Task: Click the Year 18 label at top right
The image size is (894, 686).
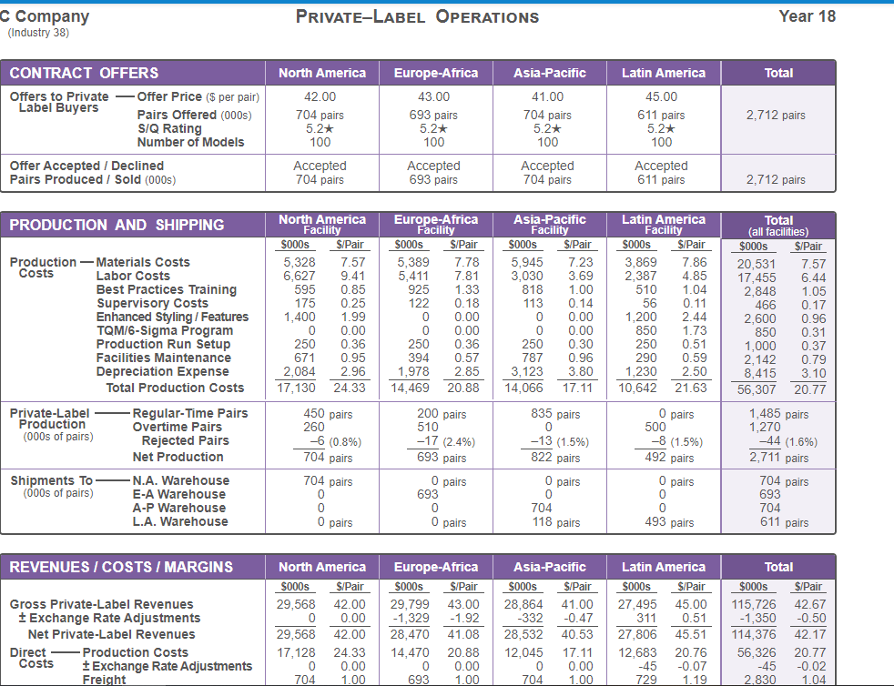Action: coord(807,16)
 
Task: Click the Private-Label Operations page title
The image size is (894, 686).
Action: coord(417,17)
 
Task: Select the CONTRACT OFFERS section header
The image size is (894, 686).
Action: coord(85,73)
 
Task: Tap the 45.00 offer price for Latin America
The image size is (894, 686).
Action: coord(661,96)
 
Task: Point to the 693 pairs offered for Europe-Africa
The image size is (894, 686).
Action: coord(433,116)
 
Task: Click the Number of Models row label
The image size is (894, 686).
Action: coord(190,142)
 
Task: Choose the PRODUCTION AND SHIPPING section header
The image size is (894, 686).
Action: coord(117,225)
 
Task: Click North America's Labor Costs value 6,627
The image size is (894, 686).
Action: coord(300,276)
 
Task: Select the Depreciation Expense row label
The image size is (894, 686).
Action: coord(162,371)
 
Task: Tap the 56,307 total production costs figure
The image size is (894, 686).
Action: coord(756,389)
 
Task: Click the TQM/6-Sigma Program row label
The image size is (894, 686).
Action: coord(165,330)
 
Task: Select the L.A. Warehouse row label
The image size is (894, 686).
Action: coord(180,521)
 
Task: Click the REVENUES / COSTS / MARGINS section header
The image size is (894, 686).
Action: coord(121,567)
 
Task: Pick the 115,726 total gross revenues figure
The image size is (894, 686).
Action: coord(753,604)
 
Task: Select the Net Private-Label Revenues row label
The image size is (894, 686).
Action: coord(111,634)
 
